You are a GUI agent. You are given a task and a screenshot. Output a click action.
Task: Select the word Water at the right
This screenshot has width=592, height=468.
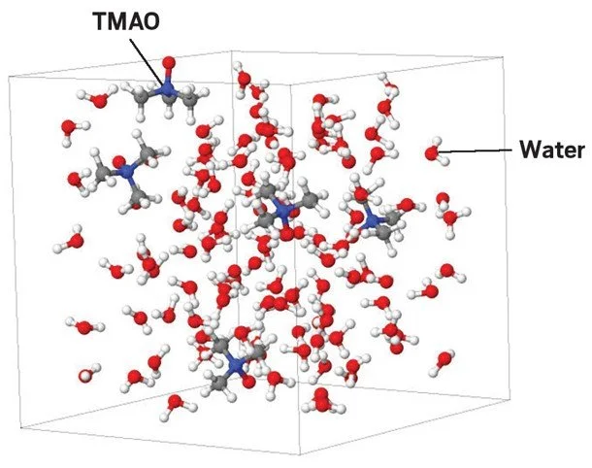click(550, 150)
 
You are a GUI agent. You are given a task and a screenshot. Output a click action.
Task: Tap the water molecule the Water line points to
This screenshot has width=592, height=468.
click(434, 152)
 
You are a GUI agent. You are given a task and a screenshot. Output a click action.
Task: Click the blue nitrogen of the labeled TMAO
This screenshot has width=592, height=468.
click(168, 89)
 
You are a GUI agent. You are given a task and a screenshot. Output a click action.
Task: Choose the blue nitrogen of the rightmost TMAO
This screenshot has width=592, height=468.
click(372, 220)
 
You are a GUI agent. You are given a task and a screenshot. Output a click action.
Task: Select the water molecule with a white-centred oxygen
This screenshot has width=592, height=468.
click(86, 373)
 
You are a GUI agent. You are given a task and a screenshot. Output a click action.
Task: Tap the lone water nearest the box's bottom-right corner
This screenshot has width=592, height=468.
click(444, 360)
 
